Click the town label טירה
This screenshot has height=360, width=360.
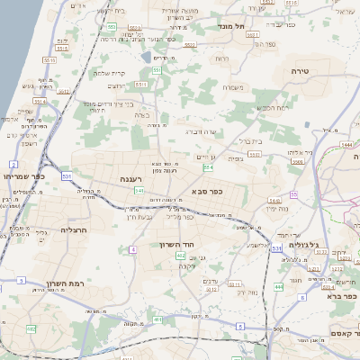pos(301,69)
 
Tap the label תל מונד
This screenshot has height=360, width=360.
pos(232,27)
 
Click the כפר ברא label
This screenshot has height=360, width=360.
pos(343,296)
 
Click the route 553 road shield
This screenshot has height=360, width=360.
pos(110,28)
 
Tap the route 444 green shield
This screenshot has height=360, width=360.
pos(279,286)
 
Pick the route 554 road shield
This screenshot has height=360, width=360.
pos(209,166)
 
